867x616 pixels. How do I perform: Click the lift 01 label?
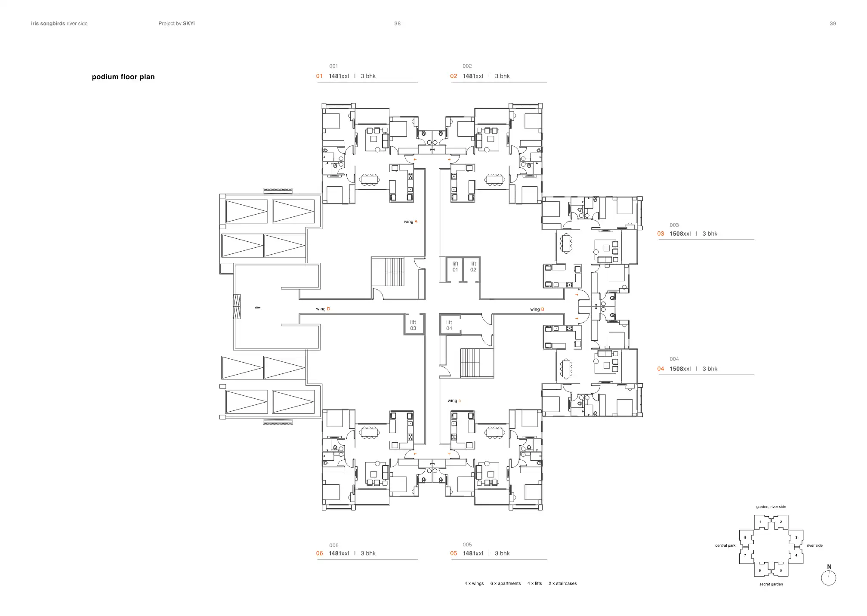pyautogui.click(x=455, y=267)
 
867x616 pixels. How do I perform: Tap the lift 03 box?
pyautogui.click(x=413, y=325)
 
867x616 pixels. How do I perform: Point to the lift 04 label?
pyautogui.click(x=449, y=325)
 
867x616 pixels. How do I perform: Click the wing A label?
pyautogui.click(x=410, y=222)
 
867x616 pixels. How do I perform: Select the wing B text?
pyautogui.click(x=537, y=309)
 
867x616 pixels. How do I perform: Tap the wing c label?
pyautogui.click(x=454, y=400)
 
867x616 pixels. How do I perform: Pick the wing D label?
pyautogui.click(x=323, y=309)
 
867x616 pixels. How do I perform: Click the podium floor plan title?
pyautogui.click(x=123, y=77)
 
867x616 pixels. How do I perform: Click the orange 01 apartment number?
pyautogui.click(x=319, y=76)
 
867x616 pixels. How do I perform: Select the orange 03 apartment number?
pyautogui.click(x=660, y=234)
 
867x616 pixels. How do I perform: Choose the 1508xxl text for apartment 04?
pyautogui.click(x=680, y=369)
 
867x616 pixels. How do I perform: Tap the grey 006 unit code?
pyautogui.click(x=333, y=545)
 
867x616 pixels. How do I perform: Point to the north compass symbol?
pyautogui.click(x=828, y=577)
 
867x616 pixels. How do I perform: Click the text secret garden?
pyautogui.click(x=771, y=584)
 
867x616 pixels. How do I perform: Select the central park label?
pyautogui.click(x=725, y=545)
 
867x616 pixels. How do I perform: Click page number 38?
pyautogui.click(x=397, y=24)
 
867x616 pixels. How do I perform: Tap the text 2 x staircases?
pyautogui.click(x=562, y=583)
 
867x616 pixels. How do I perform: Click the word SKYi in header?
pyautogui.click(x=188, y=24)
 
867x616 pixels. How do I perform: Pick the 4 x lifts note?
pyautogui.click(x=534, y=583)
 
